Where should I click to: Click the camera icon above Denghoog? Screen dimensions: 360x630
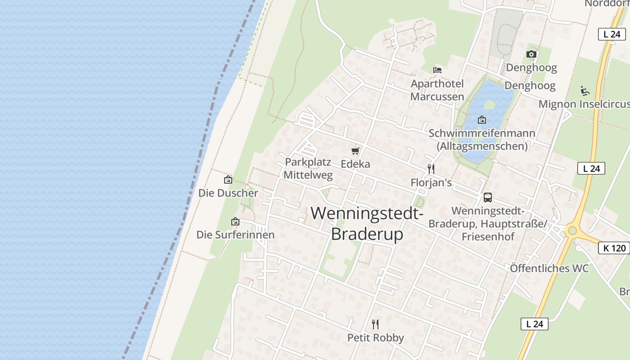[531, 54]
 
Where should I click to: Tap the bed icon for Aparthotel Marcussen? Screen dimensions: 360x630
[437, 70]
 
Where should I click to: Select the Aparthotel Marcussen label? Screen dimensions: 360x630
[437, 90]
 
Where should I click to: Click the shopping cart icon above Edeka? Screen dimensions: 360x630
[355, 151]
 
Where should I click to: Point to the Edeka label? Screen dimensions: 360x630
[355, 164]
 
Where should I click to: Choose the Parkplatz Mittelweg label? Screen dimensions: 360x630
[308, 168]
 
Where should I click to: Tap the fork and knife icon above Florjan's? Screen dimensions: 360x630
[431, 169]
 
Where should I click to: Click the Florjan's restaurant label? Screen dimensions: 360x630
[431, 183]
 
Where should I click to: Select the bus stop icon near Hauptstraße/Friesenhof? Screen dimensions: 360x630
[488, 197]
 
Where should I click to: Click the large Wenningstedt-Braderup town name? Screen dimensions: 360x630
[367, 223]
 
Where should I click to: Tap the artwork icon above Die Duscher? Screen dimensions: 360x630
[228, 180]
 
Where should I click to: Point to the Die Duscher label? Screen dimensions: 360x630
[228, 193]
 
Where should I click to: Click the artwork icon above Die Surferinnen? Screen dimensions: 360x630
[235, 221]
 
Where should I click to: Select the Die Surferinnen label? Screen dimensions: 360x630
[235, 235]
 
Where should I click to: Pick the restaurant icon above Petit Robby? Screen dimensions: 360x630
[375, 324]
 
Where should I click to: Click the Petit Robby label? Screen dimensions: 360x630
[375, 337]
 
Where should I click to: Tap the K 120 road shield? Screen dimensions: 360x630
[614, 248]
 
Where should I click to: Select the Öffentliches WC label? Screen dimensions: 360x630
[549, 268]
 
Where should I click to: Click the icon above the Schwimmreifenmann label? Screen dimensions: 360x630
[482, 120]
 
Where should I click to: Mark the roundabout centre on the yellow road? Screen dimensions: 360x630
[572, 231]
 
